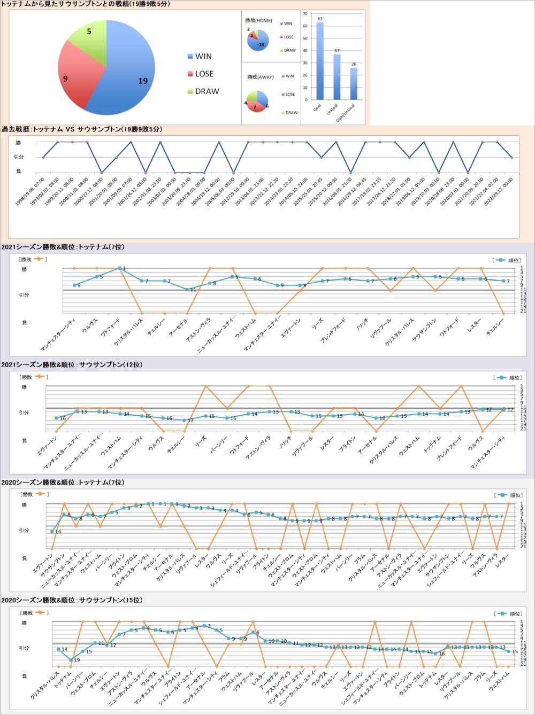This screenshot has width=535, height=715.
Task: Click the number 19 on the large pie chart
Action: pyautogui.click(x=143, y=81)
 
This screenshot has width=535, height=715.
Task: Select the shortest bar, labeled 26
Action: pyautogui.click(x=354, y=83)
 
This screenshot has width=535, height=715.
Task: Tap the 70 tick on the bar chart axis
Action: pyautogui.click(x=305, y=14)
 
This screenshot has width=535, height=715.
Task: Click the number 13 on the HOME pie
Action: pyautogui.click(x=261, y=44)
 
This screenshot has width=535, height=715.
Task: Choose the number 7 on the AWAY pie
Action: pyautogui.click(x=255, y=107)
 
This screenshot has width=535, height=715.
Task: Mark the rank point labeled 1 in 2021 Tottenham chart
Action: pyautogui.click(x=119, y=268)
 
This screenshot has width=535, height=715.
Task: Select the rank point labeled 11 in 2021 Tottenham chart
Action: pyautogui.click(x=187, y=290)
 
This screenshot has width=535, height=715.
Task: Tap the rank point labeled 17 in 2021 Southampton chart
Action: pyautogui.click(x=184, y=420)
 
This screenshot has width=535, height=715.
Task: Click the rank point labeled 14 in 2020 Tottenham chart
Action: pyautogui.click(x=52, y=531)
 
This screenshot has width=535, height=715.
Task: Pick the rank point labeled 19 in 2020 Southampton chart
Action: pyautogui.click(x=71, y=660)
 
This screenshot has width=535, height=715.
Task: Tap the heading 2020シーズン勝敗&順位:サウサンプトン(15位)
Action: pyautogui.click(x=72, y=600)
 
